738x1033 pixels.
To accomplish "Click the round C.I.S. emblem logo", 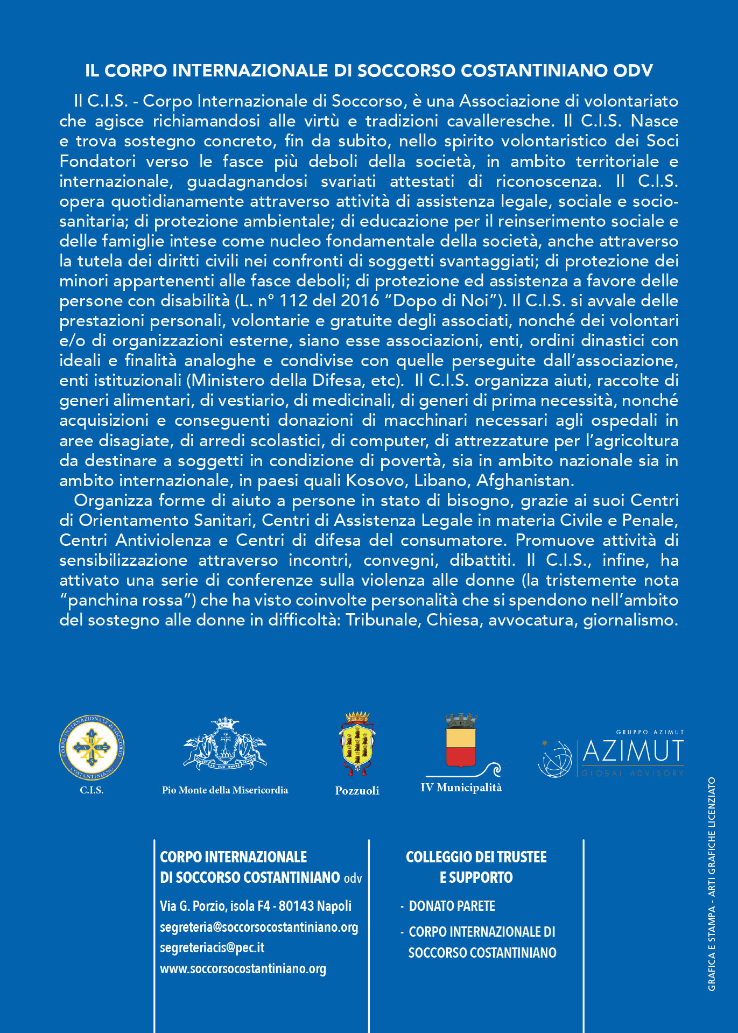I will click(x=92, y=747).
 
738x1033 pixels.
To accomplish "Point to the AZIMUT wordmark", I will click(x=633, y=751).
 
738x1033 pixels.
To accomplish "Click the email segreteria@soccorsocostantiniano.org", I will click(x=259, y=927).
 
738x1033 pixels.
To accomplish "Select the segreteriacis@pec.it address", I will click(x=212, y=948).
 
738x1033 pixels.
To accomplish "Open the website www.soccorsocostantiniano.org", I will click(x=243, y=969).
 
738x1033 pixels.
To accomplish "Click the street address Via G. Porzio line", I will click(x=256, y=906).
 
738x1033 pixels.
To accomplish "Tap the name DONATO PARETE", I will click(x=452, y=906).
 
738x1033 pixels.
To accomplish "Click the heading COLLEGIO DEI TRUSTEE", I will click(x=476, y=857).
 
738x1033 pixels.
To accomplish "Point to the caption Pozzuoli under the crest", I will click(x=357, y=791).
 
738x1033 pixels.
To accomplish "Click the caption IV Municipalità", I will click(x=461, y=788).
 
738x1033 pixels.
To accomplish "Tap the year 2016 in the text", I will click(x=360, y=300).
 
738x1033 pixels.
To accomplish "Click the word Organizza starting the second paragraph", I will click(x=113, y=501).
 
